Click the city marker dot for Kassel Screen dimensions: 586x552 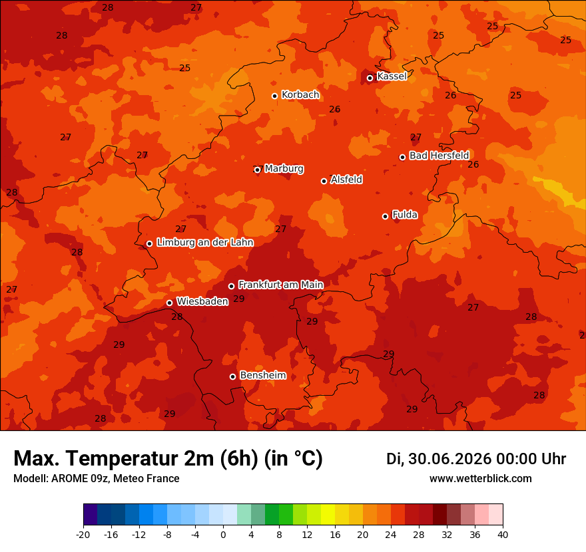(x=370, y=78)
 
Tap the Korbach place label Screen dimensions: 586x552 (x=300, y=95)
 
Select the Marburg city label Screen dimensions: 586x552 (x=284, y=169)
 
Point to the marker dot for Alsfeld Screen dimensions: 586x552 (x=324, y=181)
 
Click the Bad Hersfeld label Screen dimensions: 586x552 (x=439, y=155)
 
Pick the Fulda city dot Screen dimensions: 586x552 (x=385, y=216)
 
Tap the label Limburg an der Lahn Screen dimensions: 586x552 (x=205, y=242)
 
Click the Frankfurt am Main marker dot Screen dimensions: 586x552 (x=231, y=286)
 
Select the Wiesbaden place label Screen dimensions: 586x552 (x=202, y=301)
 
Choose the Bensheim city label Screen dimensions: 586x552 (x=263, y=375)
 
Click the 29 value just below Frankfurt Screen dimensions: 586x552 (x=239, y=299)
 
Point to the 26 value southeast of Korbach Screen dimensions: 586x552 (x=334, y=109)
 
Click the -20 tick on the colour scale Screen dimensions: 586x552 (x=83, y=535)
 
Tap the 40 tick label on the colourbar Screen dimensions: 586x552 (x=503, y=535)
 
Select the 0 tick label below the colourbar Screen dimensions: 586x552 (x=223, y=535)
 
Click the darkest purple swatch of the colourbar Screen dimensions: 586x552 (x=91, y=514)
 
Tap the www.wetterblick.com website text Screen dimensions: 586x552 (x=481, y=478)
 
